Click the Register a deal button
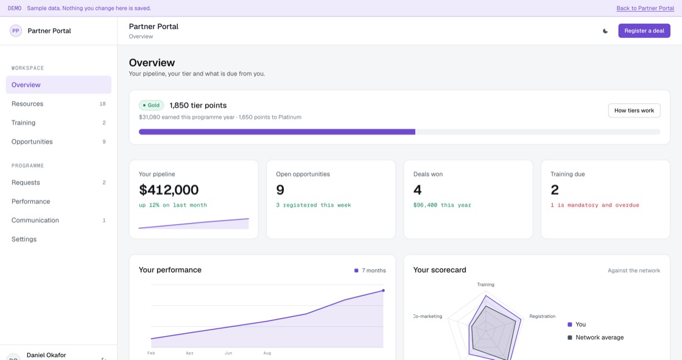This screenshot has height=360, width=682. click(644, 30)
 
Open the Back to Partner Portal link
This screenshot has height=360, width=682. click(645, 9)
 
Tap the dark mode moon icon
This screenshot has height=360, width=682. click(605, 31)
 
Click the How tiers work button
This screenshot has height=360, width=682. click(634, 111)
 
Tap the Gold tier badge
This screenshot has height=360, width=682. click(152, 105)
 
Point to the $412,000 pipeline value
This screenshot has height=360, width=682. click(169, 190)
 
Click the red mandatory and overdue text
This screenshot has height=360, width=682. click(594, 205)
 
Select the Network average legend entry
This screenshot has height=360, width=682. click(596, 337)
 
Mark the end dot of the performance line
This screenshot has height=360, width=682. click(383, 291)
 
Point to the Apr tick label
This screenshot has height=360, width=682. click(189, 353)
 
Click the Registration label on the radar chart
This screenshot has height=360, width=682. click(542, 317)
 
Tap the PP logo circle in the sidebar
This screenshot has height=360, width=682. click(16, 31)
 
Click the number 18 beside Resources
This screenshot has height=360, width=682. click(103, 104)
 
